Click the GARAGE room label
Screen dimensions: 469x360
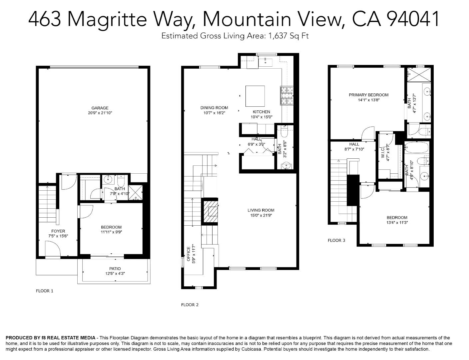(100, 108)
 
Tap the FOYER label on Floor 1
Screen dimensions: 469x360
(58, 231)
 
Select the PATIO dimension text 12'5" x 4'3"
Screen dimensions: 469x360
(115, 274)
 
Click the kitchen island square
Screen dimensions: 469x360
(255, 96)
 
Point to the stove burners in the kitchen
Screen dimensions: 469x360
(286, 96)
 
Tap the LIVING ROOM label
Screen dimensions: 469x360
(261, 210)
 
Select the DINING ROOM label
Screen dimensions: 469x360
(214, 108)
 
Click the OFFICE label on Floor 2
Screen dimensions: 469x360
(188, 254)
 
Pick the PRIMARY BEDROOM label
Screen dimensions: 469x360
(368, 95)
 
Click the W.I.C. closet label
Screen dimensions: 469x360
(383, 152)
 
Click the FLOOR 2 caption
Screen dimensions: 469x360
(190, 305)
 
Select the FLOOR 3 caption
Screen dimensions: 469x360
(336, 240)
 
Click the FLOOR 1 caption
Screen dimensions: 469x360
(44, 291)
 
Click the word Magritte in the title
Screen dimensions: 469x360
(107, 19)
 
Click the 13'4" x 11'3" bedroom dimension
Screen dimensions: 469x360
(397, 223)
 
